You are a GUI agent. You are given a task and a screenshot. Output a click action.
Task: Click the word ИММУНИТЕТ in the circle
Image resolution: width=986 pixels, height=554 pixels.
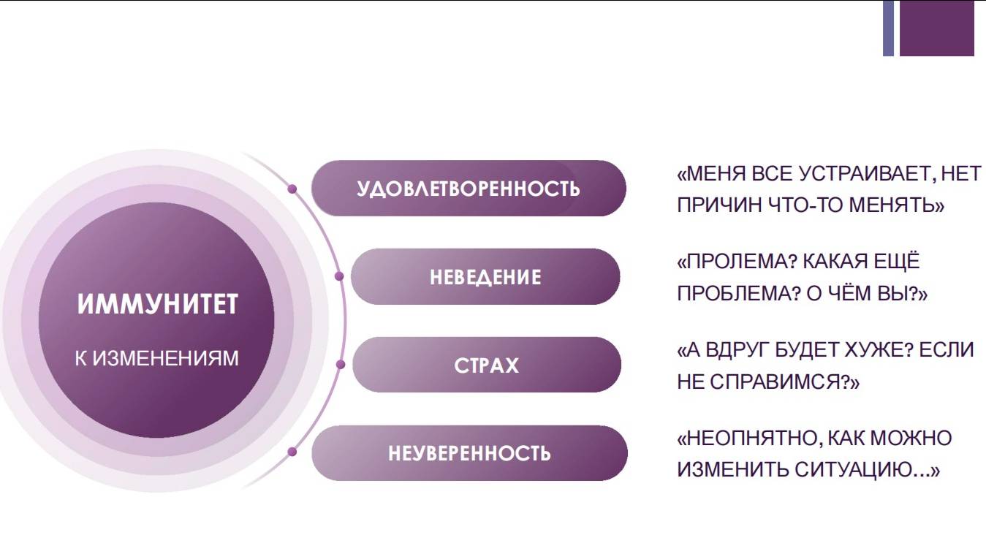point(158,304)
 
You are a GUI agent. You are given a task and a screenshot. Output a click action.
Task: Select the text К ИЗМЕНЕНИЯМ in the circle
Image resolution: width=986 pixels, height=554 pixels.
point(156,358)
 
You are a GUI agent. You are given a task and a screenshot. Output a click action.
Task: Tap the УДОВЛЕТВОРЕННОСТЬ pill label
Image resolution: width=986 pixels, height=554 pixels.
point(469,189)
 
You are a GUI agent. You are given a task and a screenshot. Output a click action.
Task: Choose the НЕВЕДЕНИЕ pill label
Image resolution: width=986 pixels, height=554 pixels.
point(485,277)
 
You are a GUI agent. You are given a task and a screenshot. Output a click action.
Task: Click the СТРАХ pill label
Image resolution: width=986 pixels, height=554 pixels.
point(486,365)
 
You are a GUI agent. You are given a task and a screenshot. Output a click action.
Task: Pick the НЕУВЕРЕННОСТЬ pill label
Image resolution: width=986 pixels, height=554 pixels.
point(469,453)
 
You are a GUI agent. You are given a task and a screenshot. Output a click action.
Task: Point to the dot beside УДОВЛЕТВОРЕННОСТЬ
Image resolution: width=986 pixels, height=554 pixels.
point(292,189)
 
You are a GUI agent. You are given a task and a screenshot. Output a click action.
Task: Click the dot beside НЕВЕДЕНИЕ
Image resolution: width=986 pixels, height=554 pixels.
point(339,276)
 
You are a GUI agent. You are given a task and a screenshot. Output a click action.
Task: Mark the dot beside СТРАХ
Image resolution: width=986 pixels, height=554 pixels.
point(341,365)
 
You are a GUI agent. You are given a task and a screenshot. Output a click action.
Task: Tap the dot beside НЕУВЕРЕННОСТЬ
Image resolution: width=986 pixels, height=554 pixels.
point(292,452)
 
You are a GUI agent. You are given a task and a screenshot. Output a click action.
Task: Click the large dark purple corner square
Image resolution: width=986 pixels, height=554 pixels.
point(937,29)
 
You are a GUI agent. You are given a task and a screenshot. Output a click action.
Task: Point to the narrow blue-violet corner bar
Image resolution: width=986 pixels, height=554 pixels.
point(888,29)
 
